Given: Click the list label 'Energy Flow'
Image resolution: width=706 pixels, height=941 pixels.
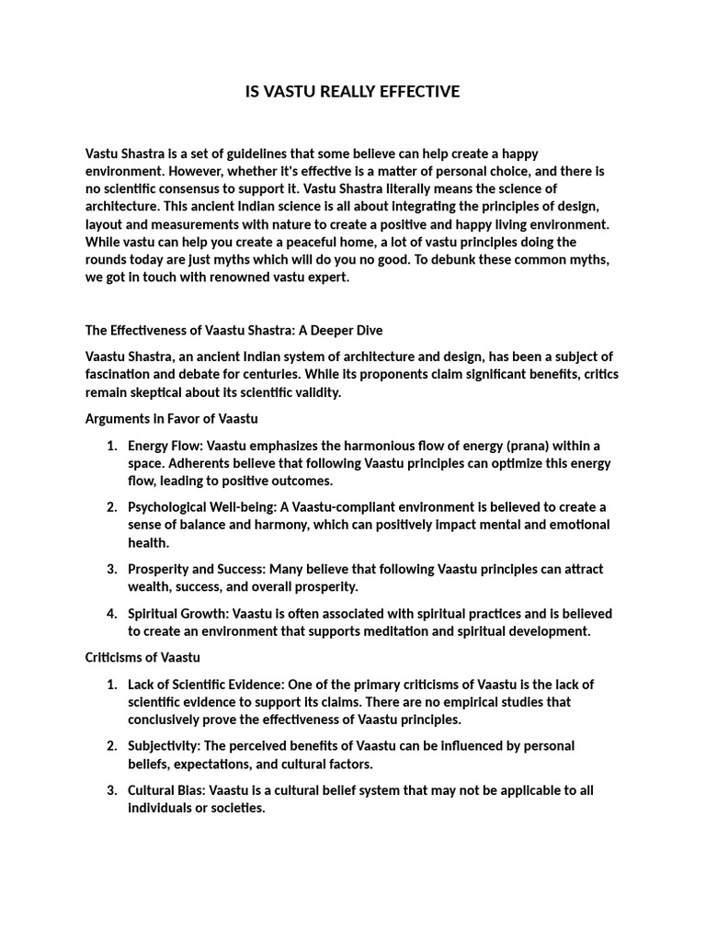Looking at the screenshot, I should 162,446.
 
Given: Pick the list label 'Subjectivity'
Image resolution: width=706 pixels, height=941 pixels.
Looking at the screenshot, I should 163,746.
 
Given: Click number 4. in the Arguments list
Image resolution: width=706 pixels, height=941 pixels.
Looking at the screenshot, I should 111,613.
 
